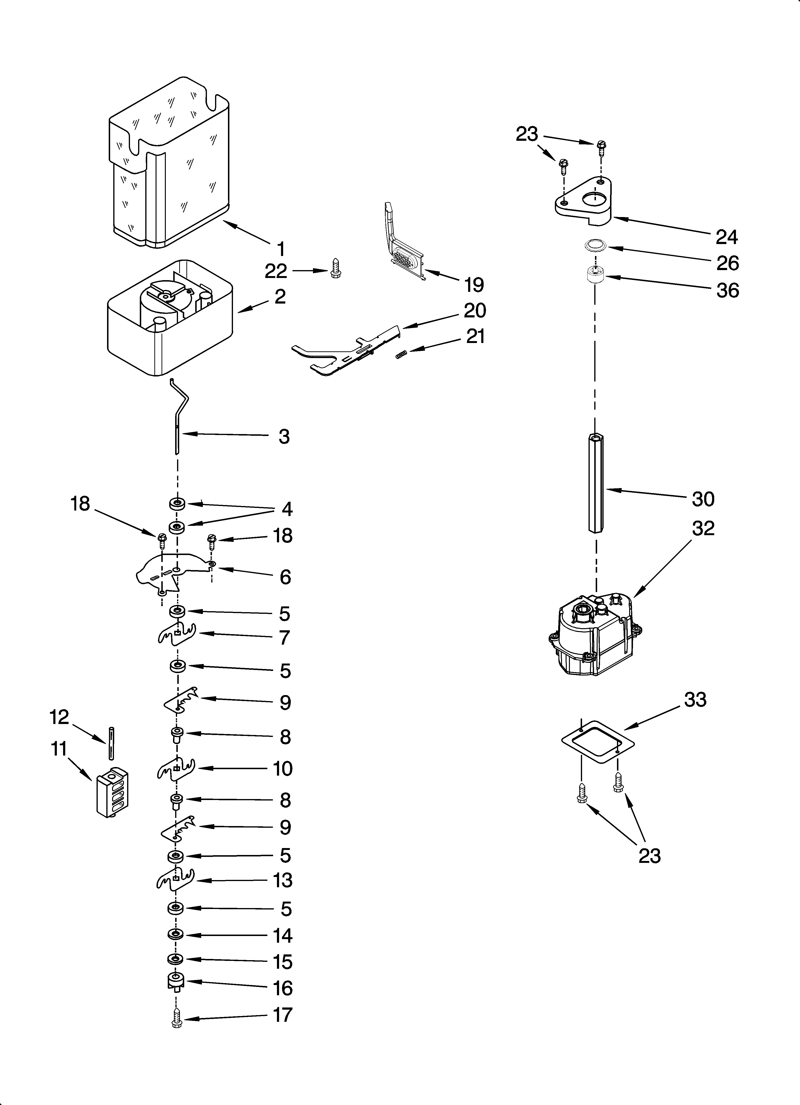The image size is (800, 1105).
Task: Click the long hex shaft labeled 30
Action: (x=595, y=482)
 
